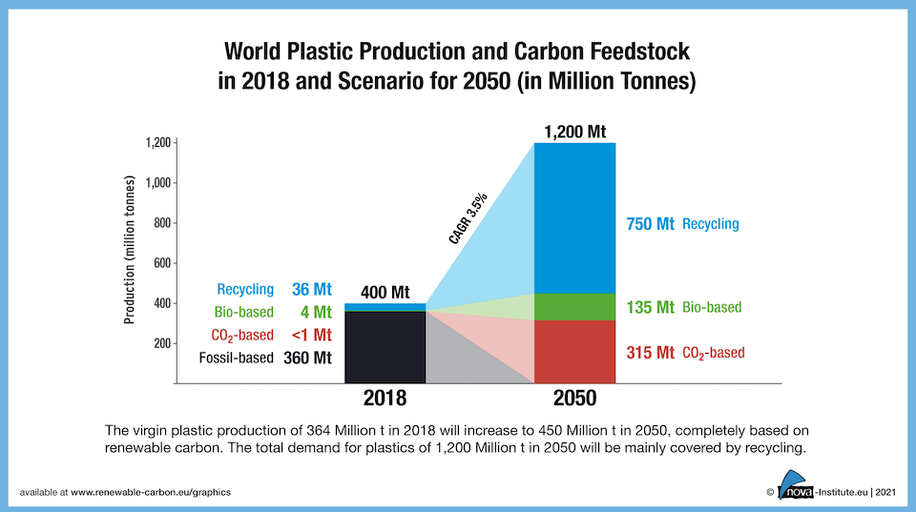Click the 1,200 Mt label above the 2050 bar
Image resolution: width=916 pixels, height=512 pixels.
point(574,131)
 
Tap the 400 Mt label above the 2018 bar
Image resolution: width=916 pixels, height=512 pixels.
point(385,292)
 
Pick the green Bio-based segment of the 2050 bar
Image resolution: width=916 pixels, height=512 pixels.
point(574,307)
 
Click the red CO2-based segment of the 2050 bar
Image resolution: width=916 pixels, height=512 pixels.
point(574,352)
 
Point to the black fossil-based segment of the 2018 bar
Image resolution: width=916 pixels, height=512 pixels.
point(385,347)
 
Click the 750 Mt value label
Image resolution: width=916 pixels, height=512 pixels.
point(651,225)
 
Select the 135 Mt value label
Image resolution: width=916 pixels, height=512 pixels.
point(651,308)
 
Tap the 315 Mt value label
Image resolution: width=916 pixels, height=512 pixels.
point(651,353)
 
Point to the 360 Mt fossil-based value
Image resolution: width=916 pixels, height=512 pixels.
point(307,358)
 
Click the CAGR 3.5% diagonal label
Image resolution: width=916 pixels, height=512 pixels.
point(469,220)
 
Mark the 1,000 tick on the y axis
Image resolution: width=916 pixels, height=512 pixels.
point(157,183)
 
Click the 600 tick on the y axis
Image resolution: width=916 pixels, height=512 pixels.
point(161,263)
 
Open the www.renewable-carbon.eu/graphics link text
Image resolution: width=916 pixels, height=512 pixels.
point(151,492)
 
